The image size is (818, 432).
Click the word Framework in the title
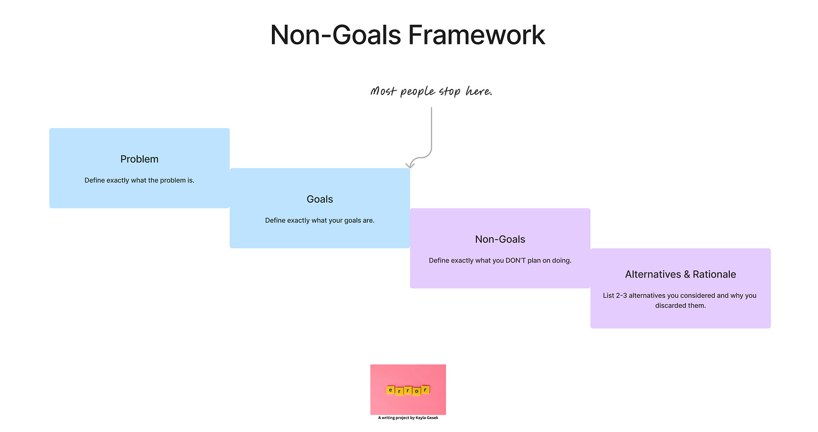point(476,35)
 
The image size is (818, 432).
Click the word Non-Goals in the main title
point(335,35)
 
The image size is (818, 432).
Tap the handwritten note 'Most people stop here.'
point(431,91)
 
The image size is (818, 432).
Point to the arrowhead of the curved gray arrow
point(410,165)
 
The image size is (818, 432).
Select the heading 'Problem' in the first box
point(139,159)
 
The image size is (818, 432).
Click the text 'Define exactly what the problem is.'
point(139,180)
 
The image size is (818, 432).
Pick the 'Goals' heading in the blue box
point(320,199)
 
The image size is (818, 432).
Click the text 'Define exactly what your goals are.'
point(320,220)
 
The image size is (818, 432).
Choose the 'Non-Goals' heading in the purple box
point(500,239)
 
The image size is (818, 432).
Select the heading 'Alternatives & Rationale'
point(680,274)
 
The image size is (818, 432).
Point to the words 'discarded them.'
point(680,306)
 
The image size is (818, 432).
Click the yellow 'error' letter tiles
point(408,390)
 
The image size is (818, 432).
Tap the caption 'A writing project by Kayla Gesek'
point(408,417)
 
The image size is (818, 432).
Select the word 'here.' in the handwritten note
point(479,91)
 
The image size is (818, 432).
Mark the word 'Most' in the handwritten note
point(384,91)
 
